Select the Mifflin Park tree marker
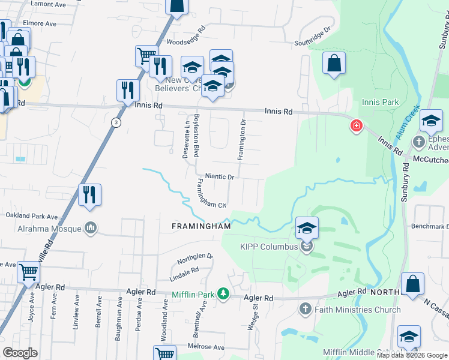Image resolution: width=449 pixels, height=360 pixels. click(x=223, y=293)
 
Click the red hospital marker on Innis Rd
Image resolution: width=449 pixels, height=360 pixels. click(x=357, y=125)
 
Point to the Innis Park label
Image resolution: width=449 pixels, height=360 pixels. click(x=381, y=102)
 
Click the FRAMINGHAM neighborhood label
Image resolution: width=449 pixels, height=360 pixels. click(x=202, y=226)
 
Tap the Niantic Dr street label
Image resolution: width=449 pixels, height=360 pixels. click(x=219, y=176)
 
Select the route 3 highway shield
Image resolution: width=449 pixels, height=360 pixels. click(x=116, y=122)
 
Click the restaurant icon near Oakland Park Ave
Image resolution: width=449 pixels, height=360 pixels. click(x=89, y=195)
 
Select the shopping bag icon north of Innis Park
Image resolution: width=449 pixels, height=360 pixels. click(x=334, y=64)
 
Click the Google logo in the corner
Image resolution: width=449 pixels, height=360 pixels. click(x=20, y=353)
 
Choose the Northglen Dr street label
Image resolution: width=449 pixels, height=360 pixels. click(x=193, y=259)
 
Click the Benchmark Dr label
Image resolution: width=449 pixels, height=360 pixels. click(x=429, y=226)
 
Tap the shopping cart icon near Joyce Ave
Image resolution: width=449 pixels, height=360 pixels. click(x=29, y=273)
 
